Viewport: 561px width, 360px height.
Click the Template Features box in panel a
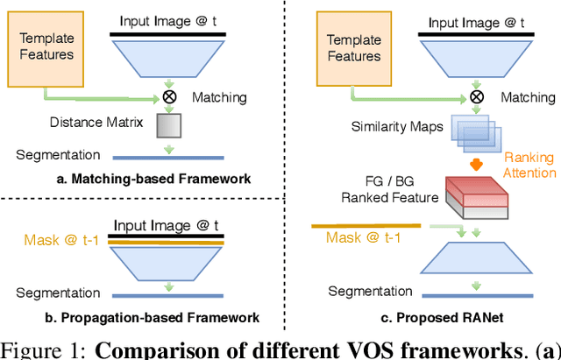pyautogui.click(x=43, y=45)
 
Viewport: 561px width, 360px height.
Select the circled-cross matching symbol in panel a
pyautogui.click(x=164, y=97)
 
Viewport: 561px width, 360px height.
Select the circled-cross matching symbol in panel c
pyautogui.click(x=476, y=97)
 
